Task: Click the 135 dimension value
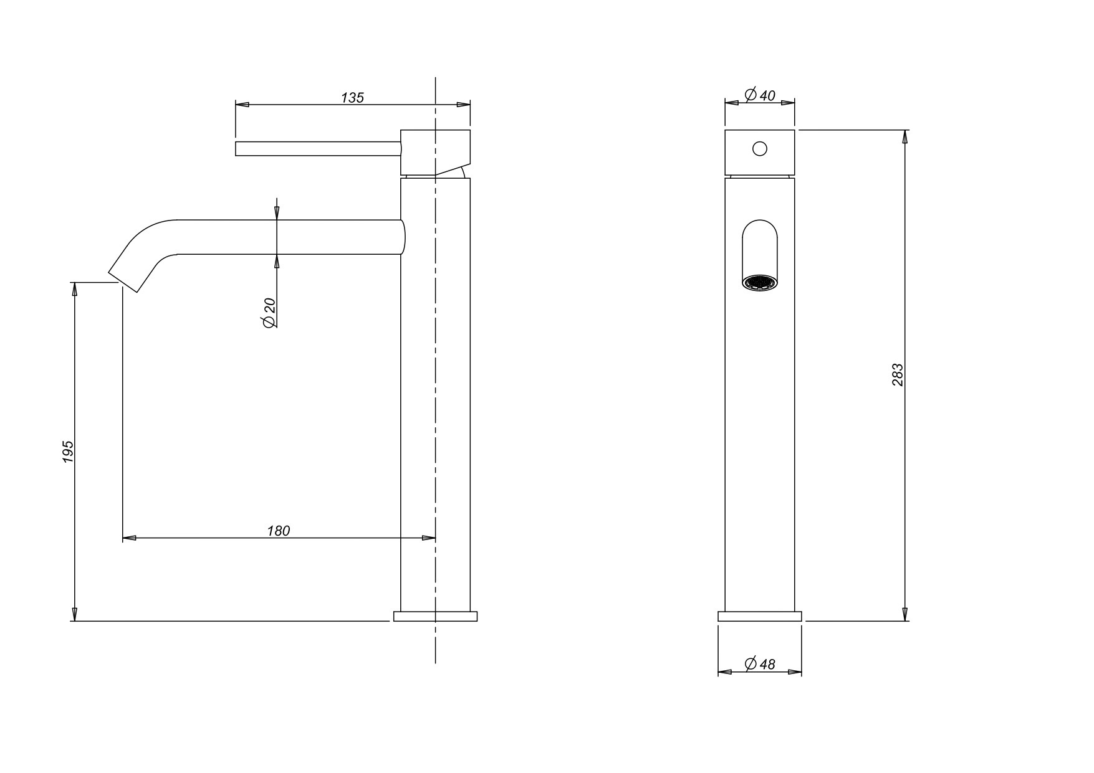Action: pyautogui.click(x=352, y=98)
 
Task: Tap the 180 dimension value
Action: pyautogui.click(x=279, y=531)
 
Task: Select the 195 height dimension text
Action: pyautogui.click(x=68, y=452)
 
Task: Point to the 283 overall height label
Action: pyautogui.click(x=897, y=375)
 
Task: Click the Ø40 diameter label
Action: pyautogui.click(x=760, y=95)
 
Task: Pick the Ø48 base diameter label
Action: pyautogui.click(x=760, y=664)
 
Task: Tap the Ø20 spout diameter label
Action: pyautogui.click(x=269, y=313)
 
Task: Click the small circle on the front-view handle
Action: pyautogui.click(x=760, y=149)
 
